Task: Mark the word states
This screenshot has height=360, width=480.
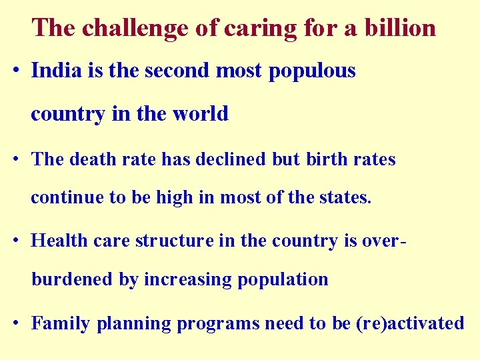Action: click(347, 198)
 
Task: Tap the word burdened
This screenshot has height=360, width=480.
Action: click(73, 279)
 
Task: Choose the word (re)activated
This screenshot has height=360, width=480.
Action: click(410, 324)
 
